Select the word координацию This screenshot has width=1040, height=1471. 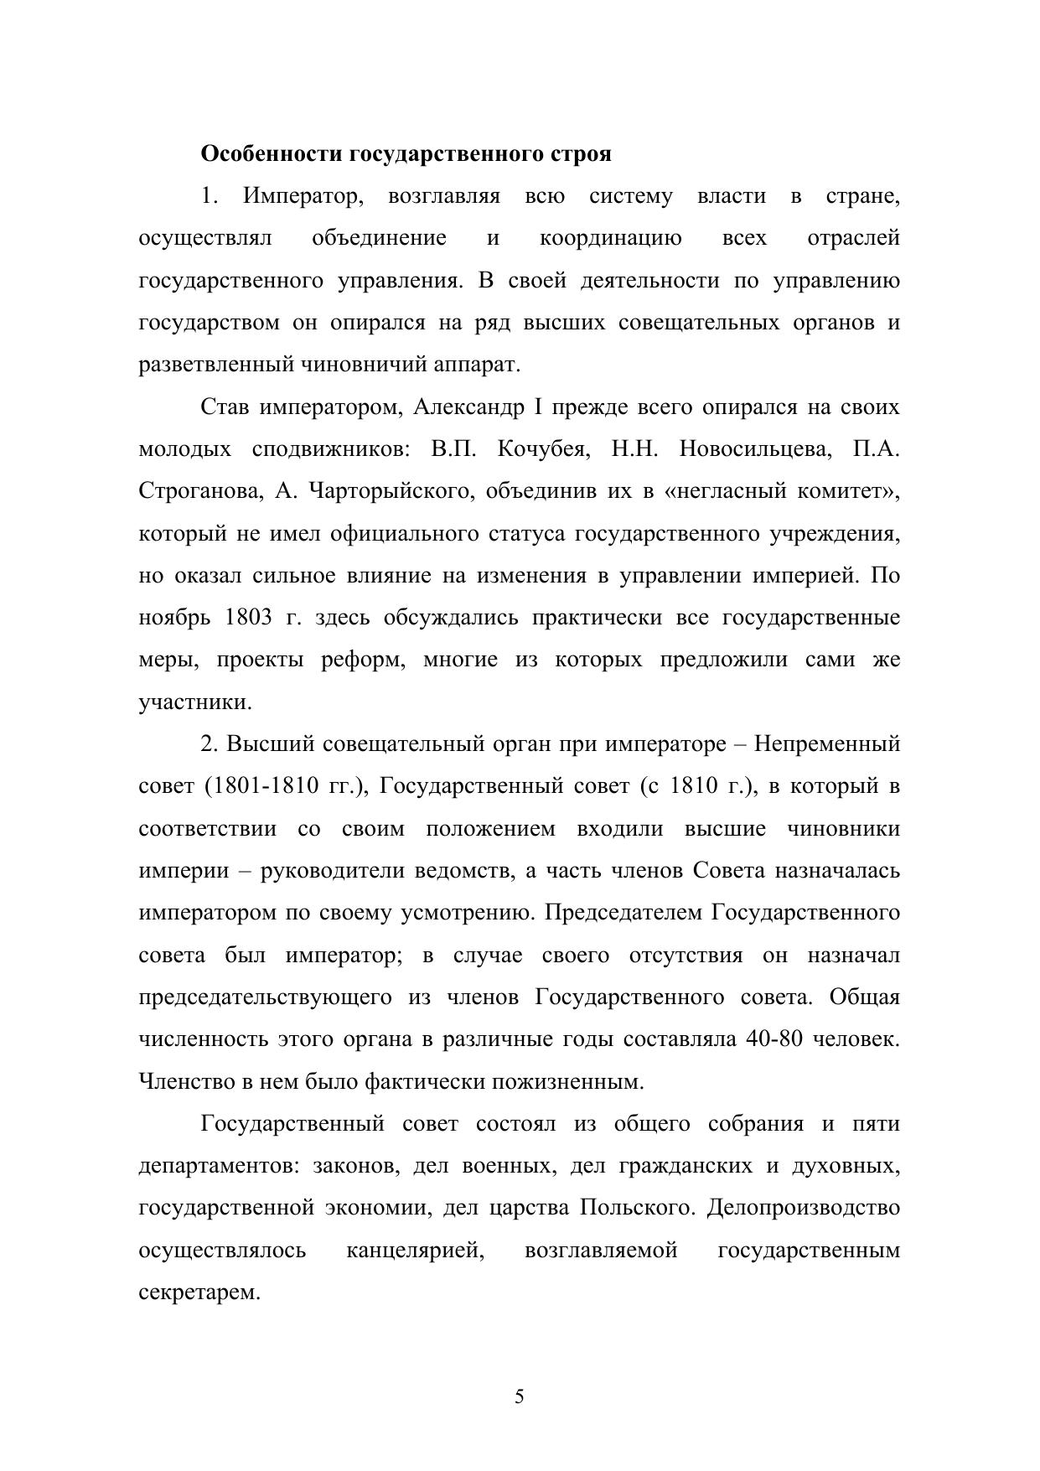tap(610, 238)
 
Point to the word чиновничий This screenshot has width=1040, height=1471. tap(367, 365)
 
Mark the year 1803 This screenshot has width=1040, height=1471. tap(249, 618)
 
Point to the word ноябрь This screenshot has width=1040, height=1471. tap(173, 618)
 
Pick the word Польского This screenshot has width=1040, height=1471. tap(638, 1208)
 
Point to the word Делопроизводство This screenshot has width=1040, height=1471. tap(803, 1208)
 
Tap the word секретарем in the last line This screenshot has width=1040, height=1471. tap(199, 1292)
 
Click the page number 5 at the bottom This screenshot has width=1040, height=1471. tap(520, 1397)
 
